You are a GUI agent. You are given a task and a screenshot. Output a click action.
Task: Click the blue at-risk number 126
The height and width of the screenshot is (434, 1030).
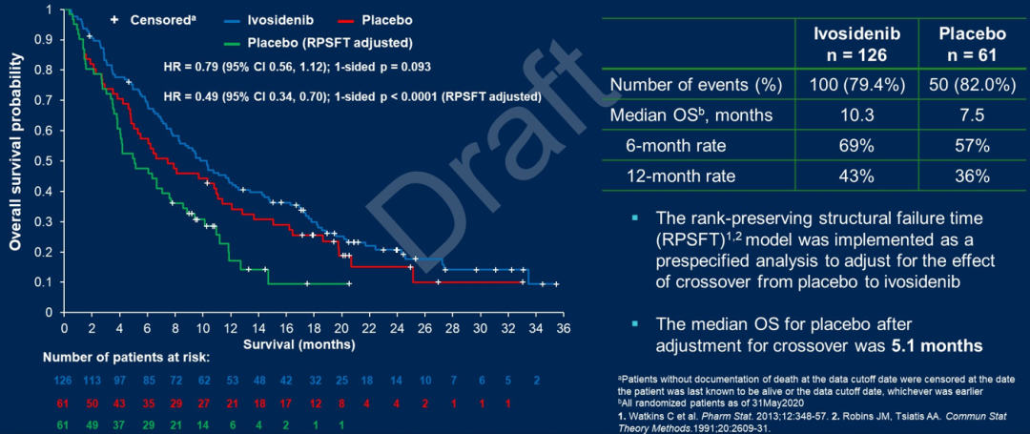click(63, 382)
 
